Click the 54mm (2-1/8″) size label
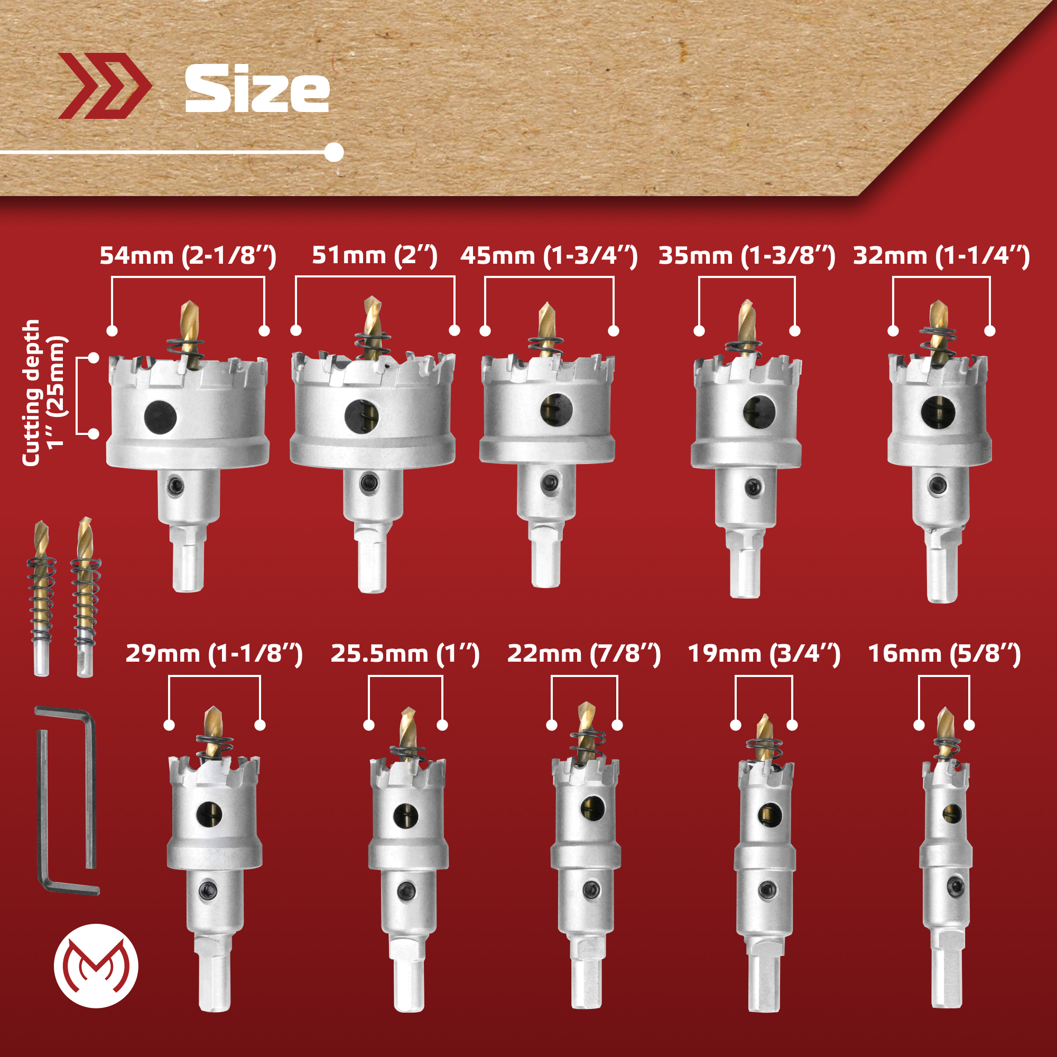pyautogui.click(x=188, y=256)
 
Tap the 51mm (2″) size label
pyautogui.click(x=375, y=256)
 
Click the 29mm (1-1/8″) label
pyautogui.click(x=214, y=654)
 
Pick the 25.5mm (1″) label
pyautogui.click(x=405, y=654)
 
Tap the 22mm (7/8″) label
pyautogui.click(x=584, y=654)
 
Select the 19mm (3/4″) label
pyautogui.click(x=764, y=654)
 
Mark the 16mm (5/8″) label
pyautogui.click(x=944, y=654)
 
